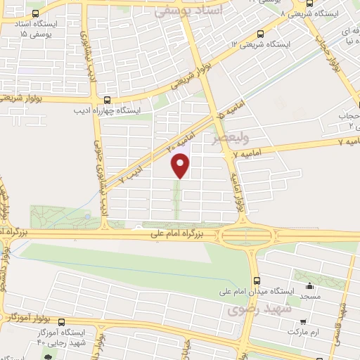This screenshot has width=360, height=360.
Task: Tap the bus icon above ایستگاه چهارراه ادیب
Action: (x=107, y=100)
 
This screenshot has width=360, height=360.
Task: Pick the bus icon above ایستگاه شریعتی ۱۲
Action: (x=261, y=33)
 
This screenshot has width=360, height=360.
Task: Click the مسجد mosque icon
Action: (x=310, y=286)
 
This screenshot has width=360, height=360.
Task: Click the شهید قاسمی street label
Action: (x=342, y=316)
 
